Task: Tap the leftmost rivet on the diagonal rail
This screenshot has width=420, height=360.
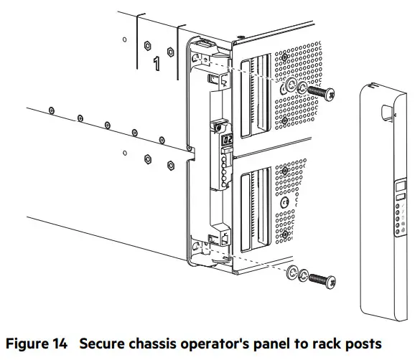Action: click(52, 108)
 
